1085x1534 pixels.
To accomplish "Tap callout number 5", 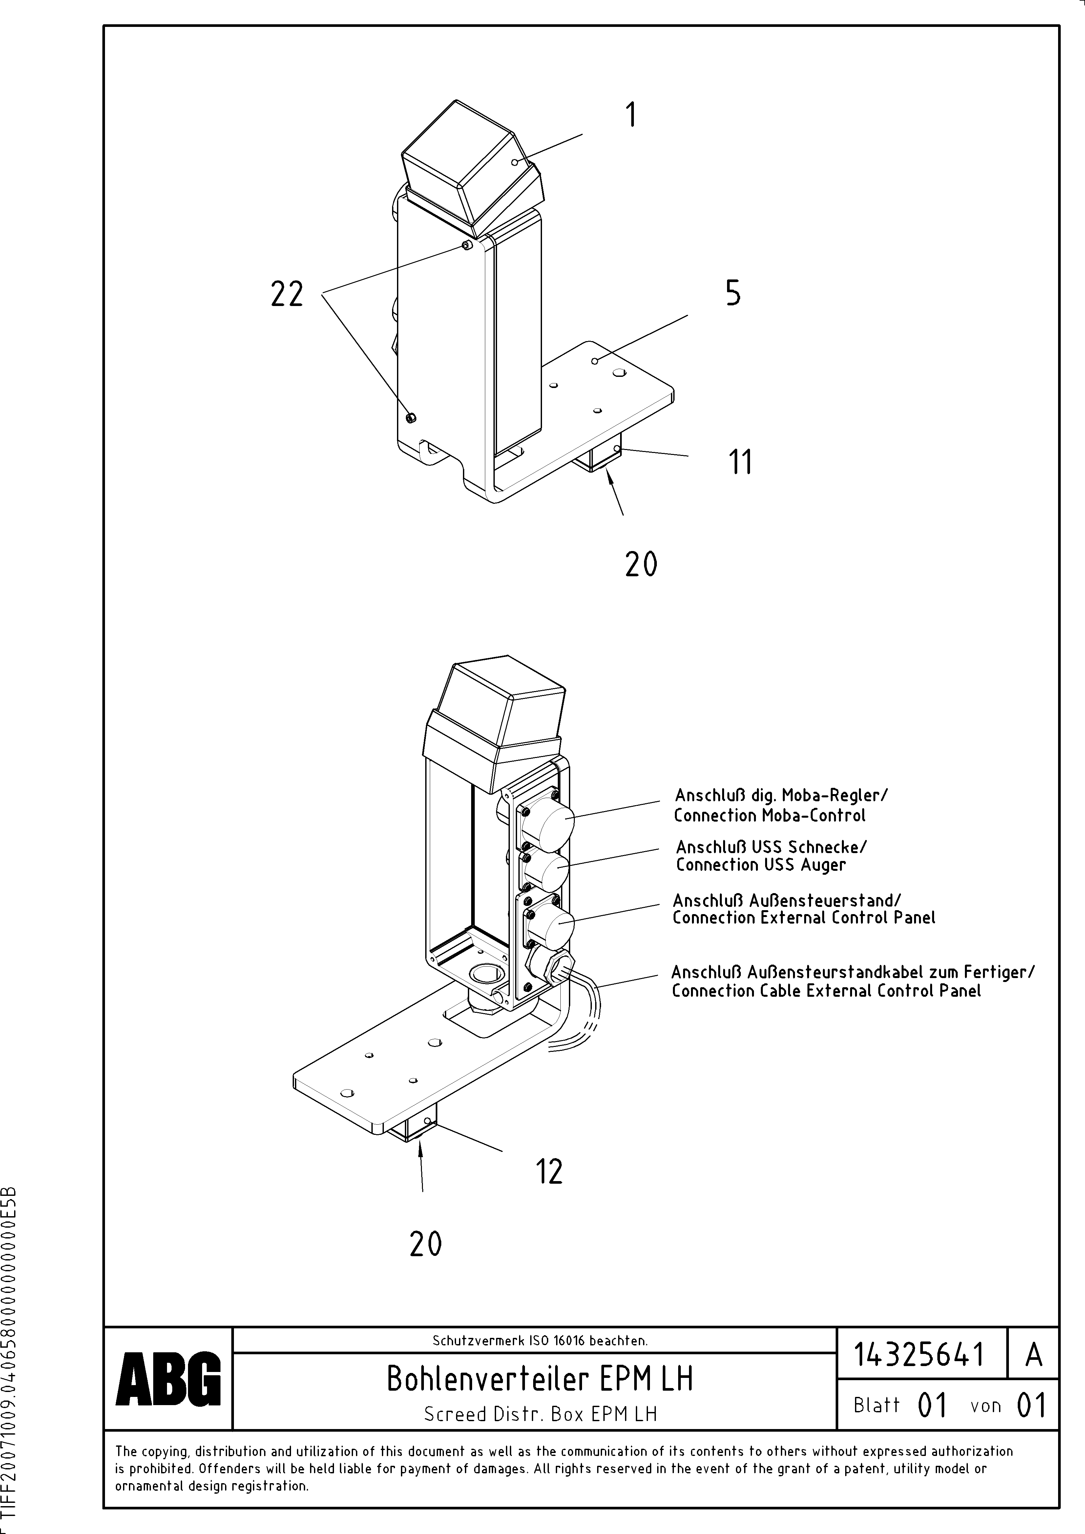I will (x=733, y=293).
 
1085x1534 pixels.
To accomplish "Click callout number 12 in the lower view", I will (x=549, y=1171).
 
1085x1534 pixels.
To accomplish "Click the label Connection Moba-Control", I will (x=769, y=816).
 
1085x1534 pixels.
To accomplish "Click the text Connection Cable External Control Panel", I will (x=826, y=992).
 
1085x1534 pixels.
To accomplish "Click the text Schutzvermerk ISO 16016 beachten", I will (x=539, y=1340).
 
